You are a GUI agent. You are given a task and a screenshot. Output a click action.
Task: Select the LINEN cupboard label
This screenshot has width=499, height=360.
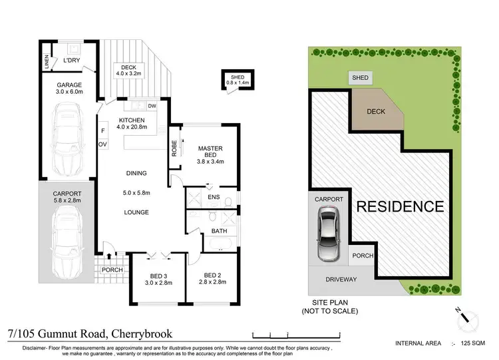pyautogui.click(x=47, y=61)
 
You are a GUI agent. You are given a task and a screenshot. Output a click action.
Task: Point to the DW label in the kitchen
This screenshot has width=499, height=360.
pyautogui.click(x=152, y=106)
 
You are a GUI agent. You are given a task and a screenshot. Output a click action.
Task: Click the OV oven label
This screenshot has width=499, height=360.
pyautogui.click(x=103, y=143)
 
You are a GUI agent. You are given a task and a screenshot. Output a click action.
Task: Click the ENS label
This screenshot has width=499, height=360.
pyautogui.click(x=214, y=197)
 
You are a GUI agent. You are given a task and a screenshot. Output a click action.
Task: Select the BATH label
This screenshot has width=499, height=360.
pyautogui.click(x=220, y=231)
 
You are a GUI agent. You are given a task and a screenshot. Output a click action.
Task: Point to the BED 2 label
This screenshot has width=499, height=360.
pyautogui.click(x=212, y=275)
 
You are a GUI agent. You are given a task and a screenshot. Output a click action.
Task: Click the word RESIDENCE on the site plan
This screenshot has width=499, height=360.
pyautogui.click(x=400, y=206)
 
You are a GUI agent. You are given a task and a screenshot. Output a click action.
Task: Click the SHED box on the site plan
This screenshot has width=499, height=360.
pyautogui.click(x=360, y=78)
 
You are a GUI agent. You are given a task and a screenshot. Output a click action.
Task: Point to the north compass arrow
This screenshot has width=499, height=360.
pyautogui.click(x=470, y=318)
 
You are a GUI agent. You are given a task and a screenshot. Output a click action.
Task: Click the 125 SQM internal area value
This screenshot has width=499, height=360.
pyautogui.click(x=474, y=343)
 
